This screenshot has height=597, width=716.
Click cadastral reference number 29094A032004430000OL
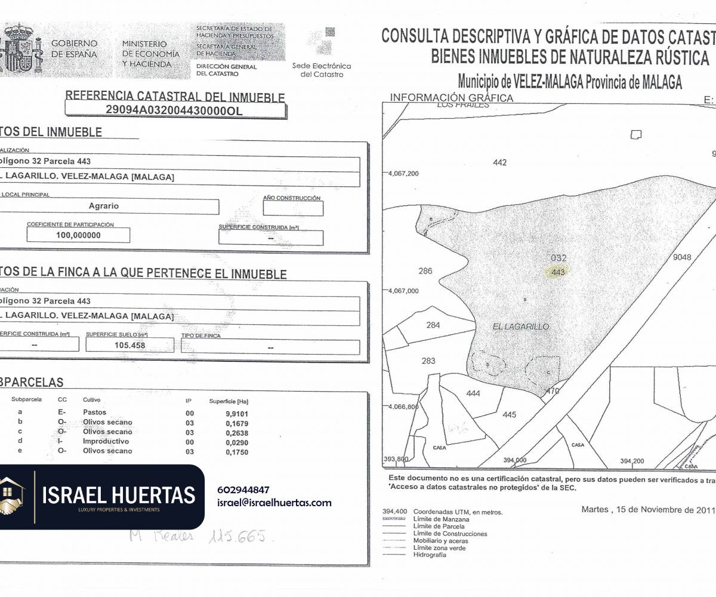(x=174, y=110)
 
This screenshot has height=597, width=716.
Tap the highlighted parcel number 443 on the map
(x=558, y=272)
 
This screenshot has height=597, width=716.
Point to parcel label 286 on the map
(x=425, y=271)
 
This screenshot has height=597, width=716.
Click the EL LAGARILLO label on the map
(x=521, y=327)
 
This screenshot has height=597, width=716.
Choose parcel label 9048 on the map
(x=681, y=257)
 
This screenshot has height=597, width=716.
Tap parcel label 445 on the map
(x=509, y=415)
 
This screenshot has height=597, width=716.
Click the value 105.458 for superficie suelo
(x=130, y=345)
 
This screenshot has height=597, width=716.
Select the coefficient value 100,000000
(x=78, y=235)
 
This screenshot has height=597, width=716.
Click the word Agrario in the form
(x=104, y=206)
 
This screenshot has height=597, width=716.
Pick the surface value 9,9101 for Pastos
(x=236, y=413)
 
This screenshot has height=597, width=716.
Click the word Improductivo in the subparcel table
(x=106, y=441)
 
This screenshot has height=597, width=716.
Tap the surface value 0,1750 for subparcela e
(x=236, y=451)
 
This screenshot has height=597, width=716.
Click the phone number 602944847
(x=243, y=490)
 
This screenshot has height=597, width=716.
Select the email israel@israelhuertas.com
(x=274, y=503)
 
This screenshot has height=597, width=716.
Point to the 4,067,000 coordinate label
(x=405, y=291)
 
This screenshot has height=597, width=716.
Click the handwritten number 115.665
(x=236, y=536)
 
